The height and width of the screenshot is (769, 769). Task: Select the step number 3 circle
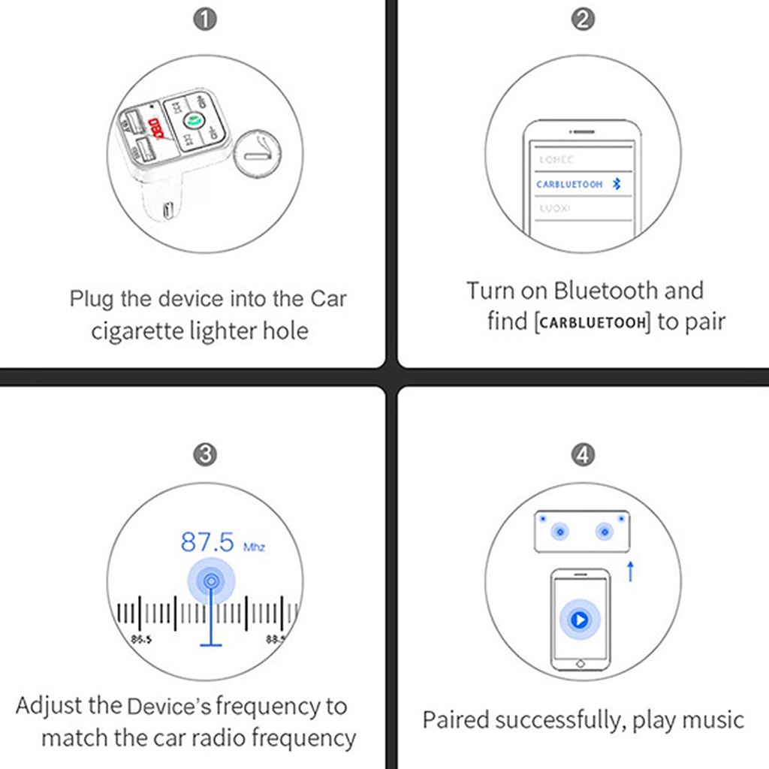click(x=205, y=454)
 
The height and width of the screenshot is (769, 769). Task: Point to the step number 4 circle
click(x=583, y=454)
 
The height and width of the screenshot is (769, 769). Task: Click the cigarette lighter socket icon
click(x=258, y=154)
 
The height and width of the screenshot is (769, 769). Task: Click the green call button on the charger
click(x=191, y=119)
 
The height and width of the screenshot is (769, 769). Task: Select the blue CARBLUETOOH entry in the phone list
click(x=570, y=184)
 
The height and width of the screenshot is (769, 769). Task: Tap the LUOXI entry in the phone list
click(x=555, y=208)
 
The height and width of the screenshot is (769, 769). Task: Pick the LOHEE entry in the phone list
click(x=556, y=160)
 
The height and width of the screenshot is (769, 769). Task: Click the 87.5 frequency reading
click(x=207, y=541)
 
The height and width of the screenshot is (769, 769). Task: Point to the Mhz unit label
click(x=254, y=547)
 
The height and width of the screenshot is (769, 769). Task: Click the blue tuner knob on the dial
click(x=211, y=581)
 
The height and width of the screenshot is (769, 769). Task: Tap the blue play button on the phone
click(x=579, y=620)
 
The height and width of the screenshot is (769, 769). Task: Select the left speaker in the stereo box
click(x=559, y=532)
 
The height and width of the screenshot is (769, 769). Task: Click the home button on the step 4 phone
click(x=579, y=664)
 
